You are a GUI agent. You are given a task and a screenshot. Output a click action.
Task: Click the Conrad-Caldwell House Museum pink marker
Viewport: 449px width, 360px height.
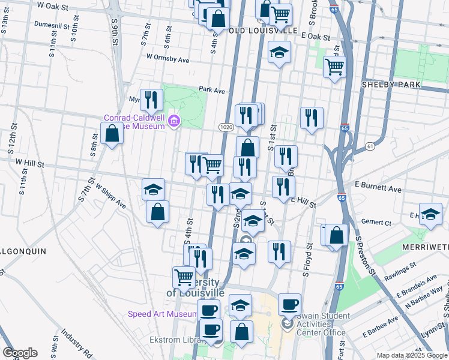[x=174, y=122]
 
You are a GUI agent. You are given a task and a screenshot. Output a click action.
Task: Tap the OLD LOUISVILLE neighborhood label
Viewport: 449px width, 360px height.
[x=264, y=30]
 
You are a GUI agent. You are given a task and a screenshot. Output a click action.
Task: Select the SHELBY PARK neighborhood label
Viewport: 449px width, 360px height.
[x=391, y=85]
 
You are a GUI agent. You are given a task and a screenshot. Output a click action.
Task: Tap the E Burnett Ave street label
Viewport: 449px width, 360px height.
[x=378, y=188]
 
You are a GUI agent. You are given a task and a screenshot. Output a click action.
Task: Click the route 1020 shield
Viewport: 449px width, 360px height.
[x=226, y=127]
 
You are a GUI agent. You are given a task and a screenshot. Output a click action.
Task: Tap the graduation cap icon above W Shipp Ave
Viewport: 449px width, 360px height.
[x=153, y=190]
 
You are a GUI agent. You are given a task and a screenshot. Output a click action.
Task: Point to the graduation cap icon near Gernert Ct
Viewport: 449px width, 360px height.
[x=430, y=214]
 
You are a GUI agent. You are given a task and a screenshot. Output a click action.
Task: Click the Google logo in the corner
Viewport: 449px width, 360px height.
[x=20, y=353]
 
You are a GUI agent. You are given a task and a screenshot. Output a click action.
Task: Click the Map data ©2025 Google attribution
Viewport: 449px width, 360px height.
[x=412, y=355]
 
